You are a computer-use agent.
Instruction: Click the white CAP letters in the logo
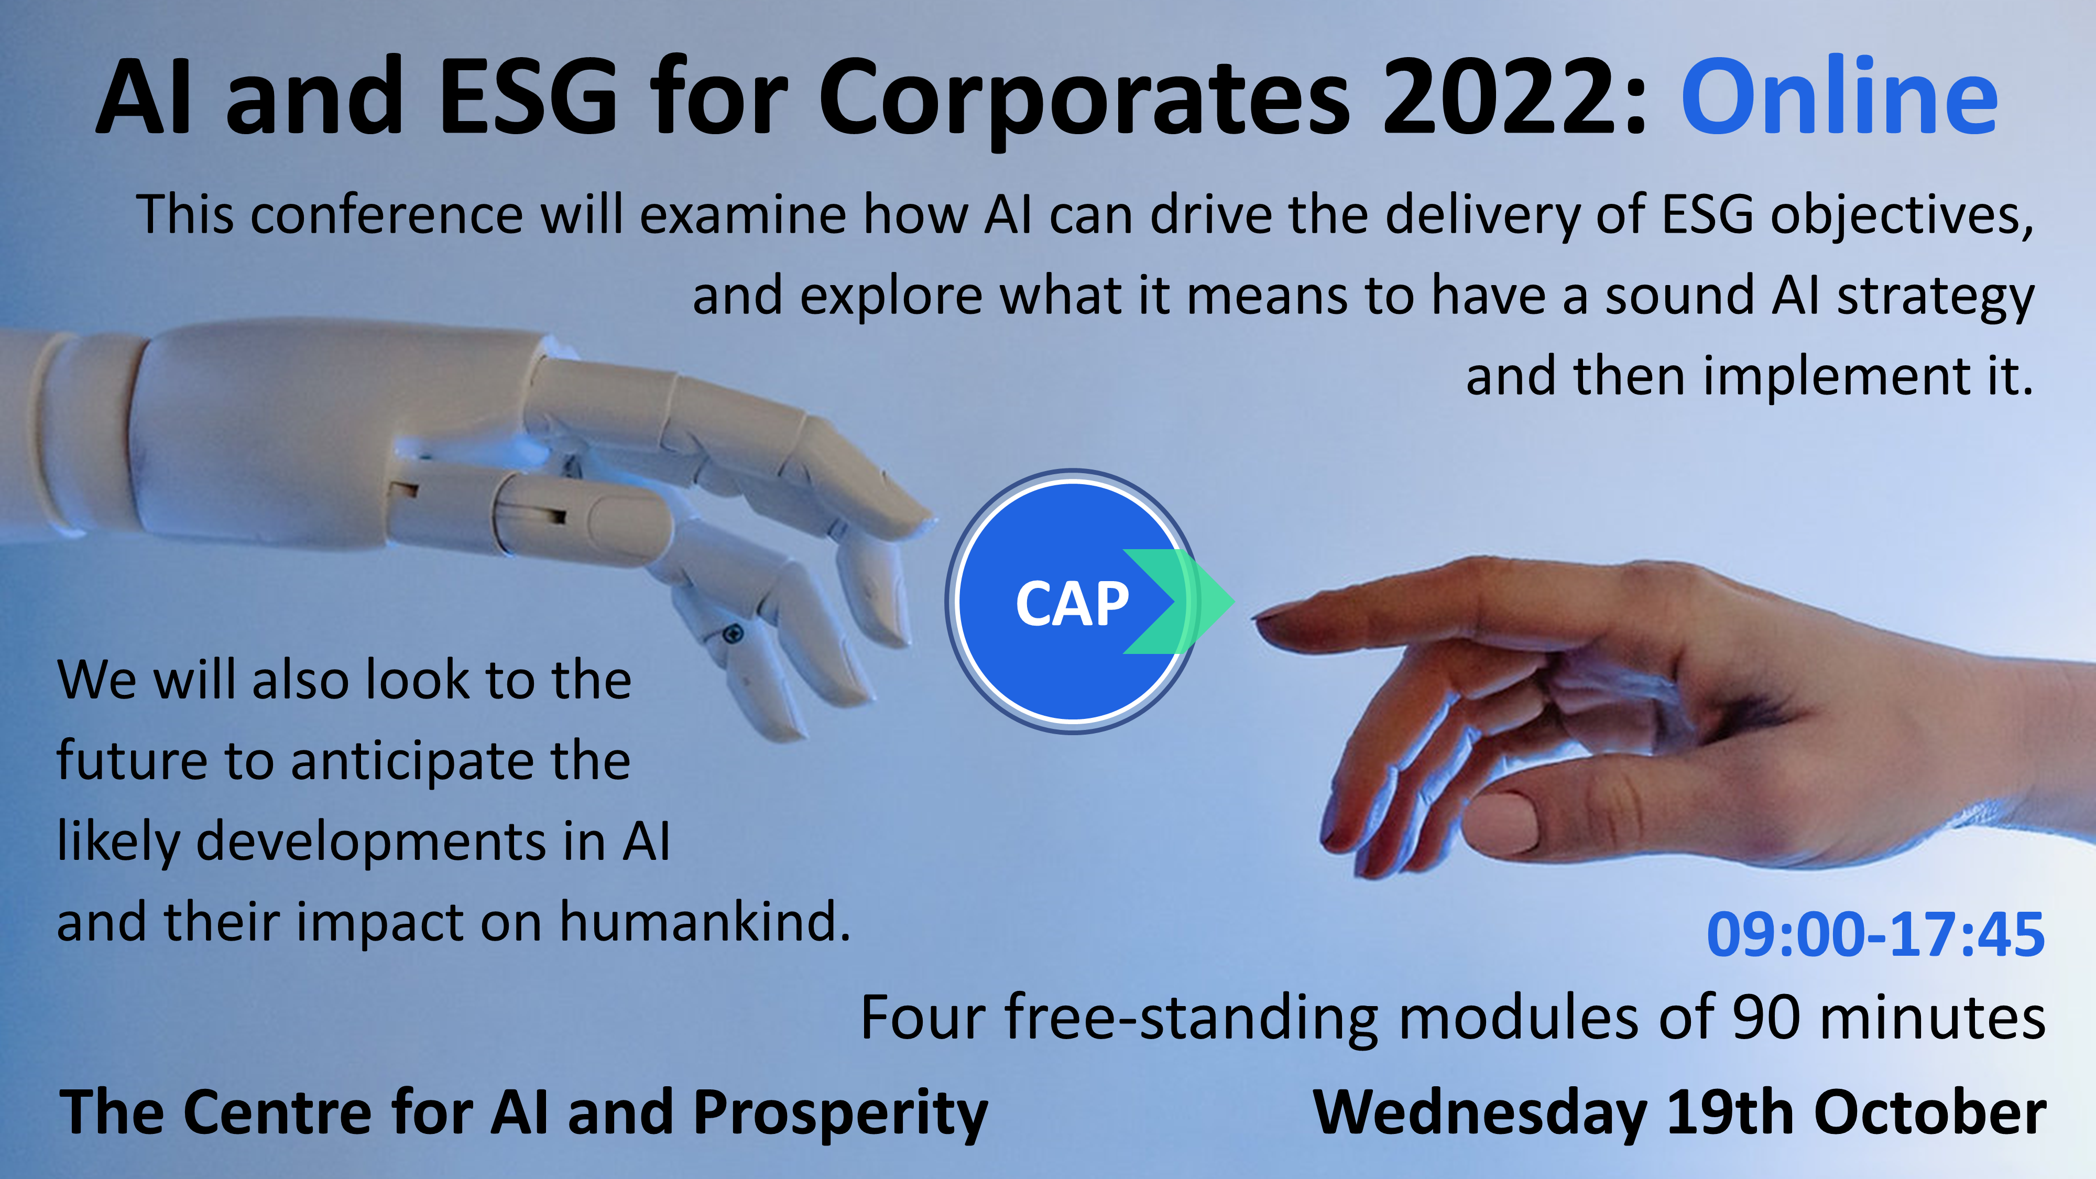pyautogui.click(x=1073, y=604)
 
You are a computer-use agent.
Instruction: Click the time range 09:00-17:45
pyautogui.click(x=1875, y=934)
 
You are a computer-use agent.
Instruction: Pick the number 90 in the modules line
pyautogui.click(x=1766, y=1018)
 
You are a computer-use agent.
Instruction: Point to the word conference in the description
pyautogui.click(x=387, y=215)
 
